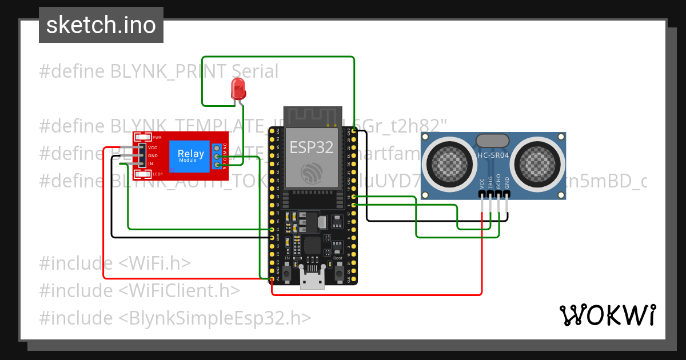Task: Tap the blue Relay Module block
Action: tap(190, 155)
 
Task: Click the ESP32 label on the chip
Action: tap(311, 147)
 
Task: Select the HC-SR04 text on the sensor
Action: tap(492, 155)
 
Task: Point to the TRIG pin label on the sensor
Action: tap(490, 182)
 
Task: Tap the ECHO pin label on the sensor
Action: tap(498, 181)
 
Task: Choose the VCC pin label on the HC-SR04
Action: tap(482, 183)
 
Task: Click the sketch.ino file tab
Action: tap(101, 25)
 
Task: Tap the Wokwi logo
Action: tap(607, 315)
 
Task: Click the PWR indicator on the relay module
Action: tap(157, 138)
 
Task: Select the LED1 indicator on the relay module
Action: tap(157, 174)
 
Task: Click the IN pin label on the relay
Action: tap(151, 164)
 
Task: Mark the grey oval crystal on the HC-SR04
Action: tap(492, 140)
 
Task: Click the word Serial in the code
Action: tap(255, 71)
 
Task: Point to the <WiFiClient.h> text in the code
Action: tap(179, 290)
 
